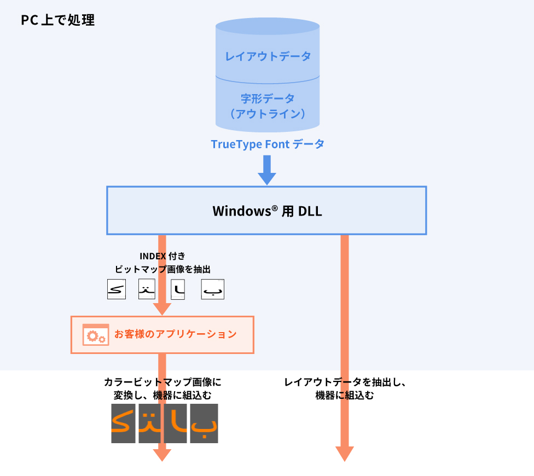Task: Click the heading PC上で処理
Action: [x=58, y=20]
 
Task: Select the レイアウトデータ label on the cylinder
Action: [x=268, y=56]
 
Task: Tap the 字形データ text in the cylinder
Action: [x=268, y=98]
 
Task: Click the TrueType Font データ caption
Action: [x=268, y=144]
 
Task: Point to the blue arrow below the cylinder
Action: [x=267, y=170]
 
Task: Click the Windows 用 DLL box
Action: [x=266, y=211]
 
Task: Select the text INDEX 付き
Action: [x=162, y=256]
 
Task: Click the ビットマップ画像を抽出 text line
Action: [x=162, y=269]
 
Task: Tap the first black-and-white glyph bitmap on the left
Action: [x=116, y=289]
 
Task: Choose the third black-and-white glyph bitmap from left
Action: [x=179, y=289]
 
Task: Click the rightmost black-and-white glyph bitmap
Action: [x=213, y=289]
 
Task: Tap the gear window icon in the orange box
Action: [x=95, y=334]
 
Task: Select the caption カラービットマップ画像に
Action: [x=162, y=382]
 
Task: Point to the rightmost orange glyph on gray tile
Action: [x=204, y=423]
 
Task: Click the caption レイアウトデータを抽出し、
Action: [x=345, y=382]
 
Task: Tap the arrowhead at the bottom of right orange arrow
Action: [x=345, y=454]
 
